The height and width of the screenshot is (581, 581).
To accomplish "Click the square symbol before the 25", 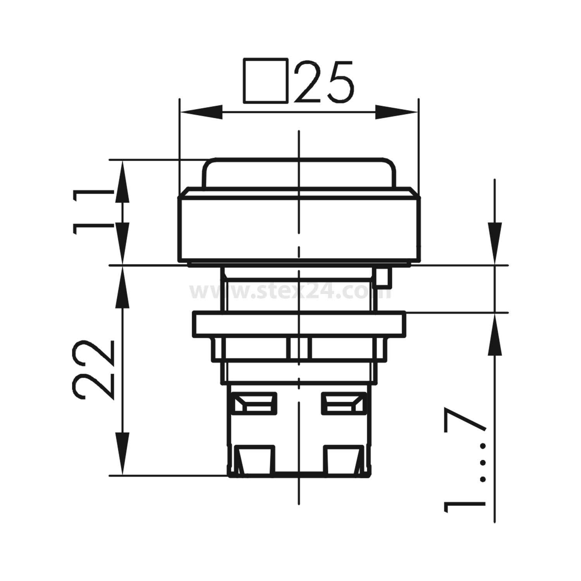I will [x=266, y=81].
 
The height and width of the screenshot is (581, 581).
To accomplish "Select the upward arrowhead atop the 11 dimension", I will [x=122, y=180].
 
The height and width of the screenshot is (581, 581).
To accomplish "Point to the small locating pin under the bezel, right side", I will [x=383, y=279].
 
